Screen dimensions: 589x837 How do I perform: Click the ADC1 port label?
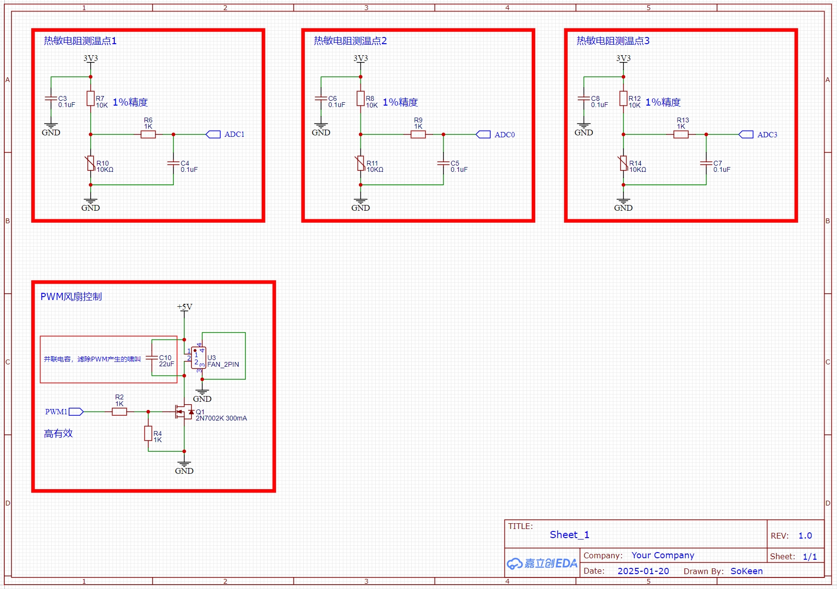pyautogui.click(x=234, y=134)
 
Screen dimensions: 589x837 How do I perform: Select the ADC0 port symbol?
pyautogui.click(x=483, y=134)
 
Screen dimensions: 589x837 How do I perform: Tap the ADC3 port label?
pyautogui.click(x=767, y=135)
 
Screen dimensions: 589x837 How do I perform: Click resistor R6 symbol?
pyautogui.click(x=148, y=134)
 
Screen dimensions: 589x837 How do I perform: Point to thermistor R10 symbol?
pyautogui.click(x=91, y=164)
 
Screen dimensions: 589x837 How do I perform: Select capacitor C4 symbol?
pyautogui.click(x=173, y=163)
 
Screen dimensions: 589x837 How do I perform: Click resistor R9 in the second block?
pyautogui.click(x=418, y=134)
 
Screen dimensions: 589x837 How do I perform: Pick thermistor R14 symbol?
pyautogui.click(x=623, y=164)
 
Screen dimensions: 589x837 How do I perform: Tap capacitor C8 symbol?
pyautogui.click(x=584, y=98)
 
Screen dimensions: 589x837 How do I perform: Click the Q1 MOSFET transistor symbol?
pyautogui.click(x=183, y=412)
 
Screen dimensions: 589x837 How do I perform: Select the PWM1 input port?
pyautogui.click(x=76, y=411)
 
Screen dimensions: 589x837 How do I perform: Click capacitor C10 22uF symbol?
pyautogui.click(x=152, y=358)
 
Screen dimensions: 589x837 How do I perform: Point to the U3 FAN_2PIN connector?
pyautogui.click(x=199, y=358)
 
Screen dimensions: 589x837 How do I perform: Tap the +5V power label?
pyautogui.click(x=184, y=307)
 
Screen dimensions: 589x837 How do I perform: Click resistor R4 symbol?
pyautogui.click(x=148, y=433)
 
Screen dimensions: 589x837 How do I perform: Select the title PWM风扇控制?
pyautogui.click(x=71, y=297)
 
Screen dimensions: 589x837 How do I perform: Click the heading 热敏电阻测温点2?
pyautogui.click(x=350, y=41)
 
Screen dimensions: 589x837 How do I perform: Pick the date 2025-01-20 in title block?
pyautogui.click(x=643, y=571)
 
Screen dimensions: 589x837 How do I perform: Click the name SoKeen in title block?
pyautogui.click(x=746, y=571)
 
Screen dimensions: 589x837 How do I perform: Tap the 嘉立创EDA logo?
pyautogui.click(x=542, y=563)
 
